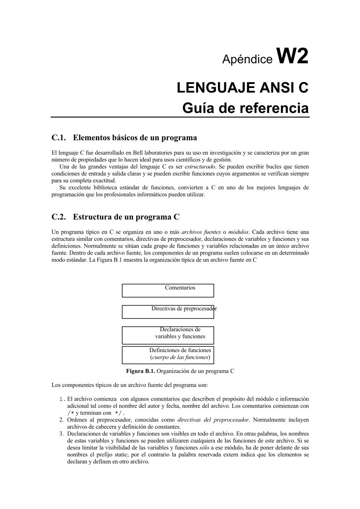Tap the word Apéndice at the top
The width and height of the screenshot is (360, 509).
coord(247,59)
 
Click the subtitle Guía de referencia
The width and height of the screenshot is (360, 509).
coord(245,108)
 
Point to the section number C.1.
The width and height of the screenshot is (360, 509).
coord(59,137)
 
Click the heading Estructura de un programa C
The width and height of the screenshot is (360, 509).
coord(129,216)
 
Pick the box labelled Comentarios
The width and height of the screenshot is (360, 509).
coord(168,290)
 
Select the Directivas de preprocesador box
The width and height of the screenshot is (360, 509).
coord(168,312)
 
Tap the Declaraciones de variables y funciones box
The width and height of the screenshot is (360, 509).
coord(168,335)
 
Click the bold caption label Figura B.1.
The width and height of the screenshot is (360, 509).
coord(141,371)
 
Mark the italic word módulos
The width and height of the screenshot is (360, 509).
coord(238,232)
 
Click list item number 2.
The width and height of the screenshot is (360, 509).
coord(62,420)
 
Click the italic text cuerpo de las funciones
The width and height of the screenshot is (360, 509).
coord(180,357)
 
